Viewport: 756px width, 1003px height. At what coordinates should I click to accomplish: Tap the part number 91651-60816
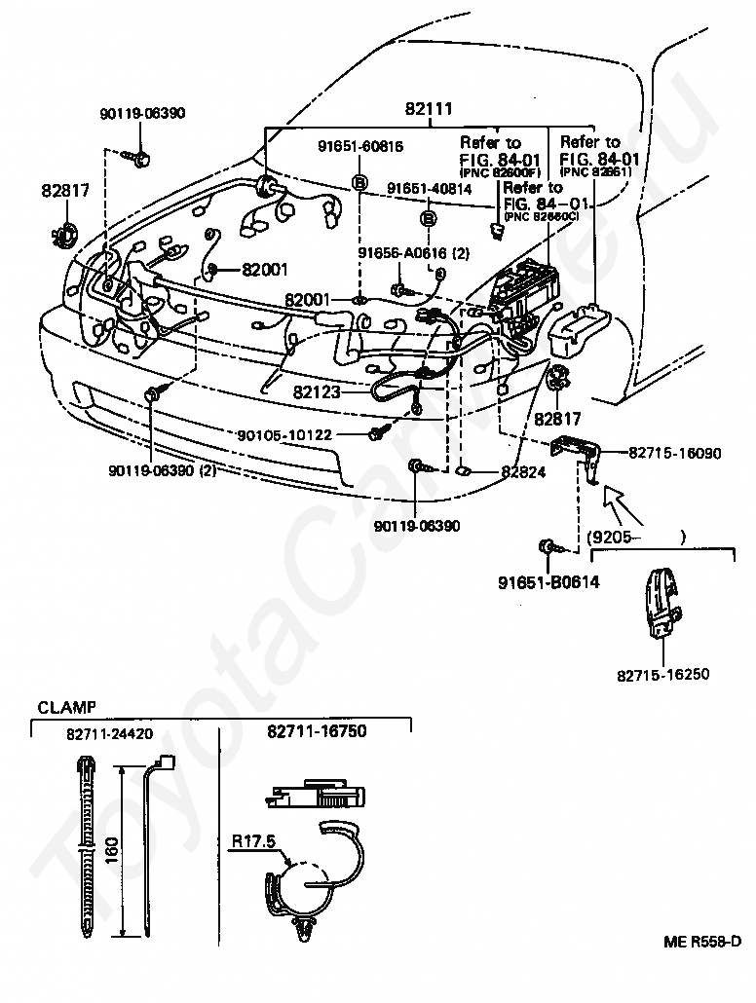(359, 147)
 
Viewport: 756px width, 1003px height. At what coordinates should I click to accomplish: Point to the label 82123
(318, 392)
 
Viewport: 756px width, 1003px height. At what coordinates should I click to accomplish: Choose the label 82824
(523, 471)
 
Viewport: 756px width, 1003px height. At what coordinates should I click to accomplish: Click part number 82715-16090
(674, 452)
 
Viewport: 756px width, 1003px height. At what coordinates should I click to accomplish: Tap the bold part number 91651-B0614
(548, 583)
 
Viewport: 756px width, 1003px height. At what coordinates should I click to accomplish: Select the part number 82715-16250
(662, 673)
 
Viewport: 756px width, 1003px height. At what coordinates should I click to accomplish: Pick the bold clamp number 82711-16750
(316, 731)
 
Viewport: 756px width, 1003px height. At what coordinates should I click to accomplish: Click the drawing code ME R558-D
(701, 942)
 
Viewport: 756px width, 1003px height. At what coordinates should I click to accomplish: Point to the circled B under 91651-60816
(359, 182)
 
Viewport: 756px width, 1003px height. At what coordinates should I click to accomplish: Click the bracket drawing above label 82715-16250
(660, 605)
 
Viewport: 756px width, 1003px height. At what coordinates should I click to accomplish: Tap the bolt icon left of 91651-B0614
(548, 547)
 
